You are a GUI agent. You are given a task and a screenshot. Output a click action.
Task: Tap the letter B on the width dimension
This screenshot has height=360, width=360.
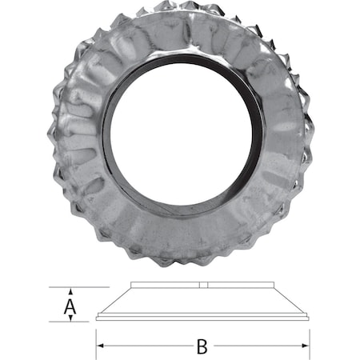point(202,346)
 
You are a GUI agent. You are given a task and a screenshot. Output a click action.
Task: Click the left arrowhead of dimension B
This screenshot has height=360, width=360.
point(101,346)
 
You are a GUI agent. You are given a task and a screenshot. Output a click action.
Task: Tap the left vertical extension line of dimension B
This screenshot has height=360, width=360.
point(97,336)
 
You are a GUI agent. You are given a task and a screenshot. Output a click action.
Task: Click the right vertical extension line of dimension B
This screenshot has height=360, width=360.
point(309,336)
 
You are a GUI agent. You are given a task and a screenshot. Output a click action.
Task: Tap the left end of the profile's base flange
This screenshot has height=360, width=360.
point(98,318)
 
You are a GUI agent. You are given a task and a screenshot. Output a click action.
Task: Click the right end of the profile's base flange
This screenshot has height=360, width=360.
point(308,318)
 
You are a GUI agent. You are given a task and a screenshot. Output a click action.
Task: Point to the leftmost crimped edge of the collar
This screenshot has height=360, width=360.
point(50,136)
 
